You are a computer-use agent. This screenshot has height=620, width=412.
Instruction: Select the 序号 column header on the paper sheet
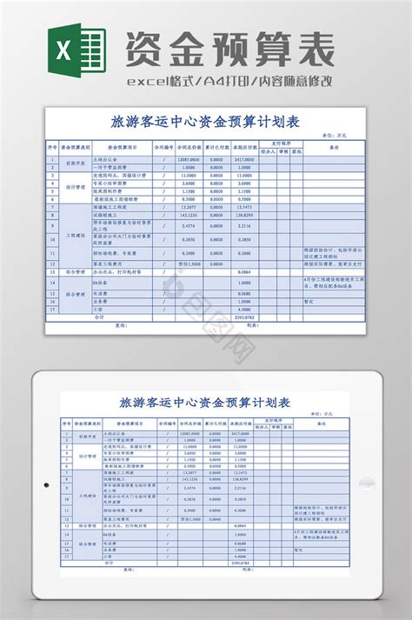pyautogui.click(x=53, y=148)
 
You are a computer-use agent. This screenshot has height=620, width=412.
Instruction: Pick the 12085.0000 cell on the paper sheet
pyautogui.click(x=189, y=161)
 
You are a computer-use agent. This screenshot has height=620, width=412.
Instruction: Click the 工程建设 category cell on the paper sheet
pyautogui.click(x=74, y=236)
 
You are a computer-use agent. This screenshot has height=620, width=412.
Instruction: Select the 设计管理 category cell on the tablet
pyautogui.click(x=88, y=455)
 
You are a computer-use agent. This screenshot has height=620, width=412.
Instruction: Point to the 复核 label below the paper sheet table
pyautogui.click(x=121, y=326)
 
